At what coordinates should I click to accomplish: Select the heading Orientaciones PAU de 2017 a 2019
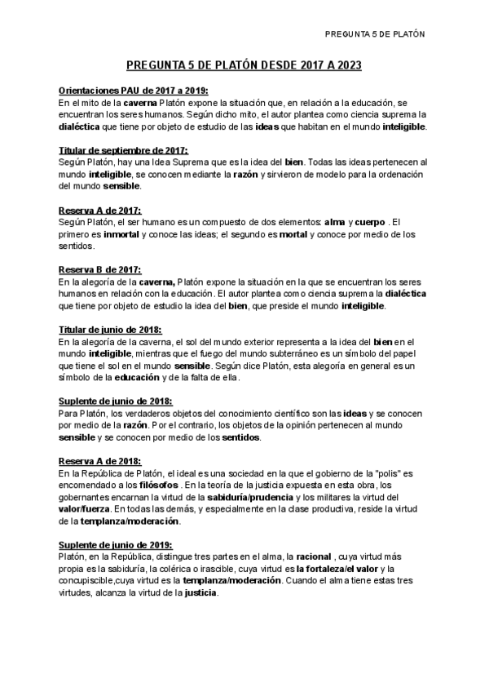tap(134, 91)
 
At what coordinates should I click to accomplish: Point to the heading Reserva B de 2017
tap(100, 269)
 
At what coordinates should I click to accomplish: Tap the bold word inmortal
tap(116, 234)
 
